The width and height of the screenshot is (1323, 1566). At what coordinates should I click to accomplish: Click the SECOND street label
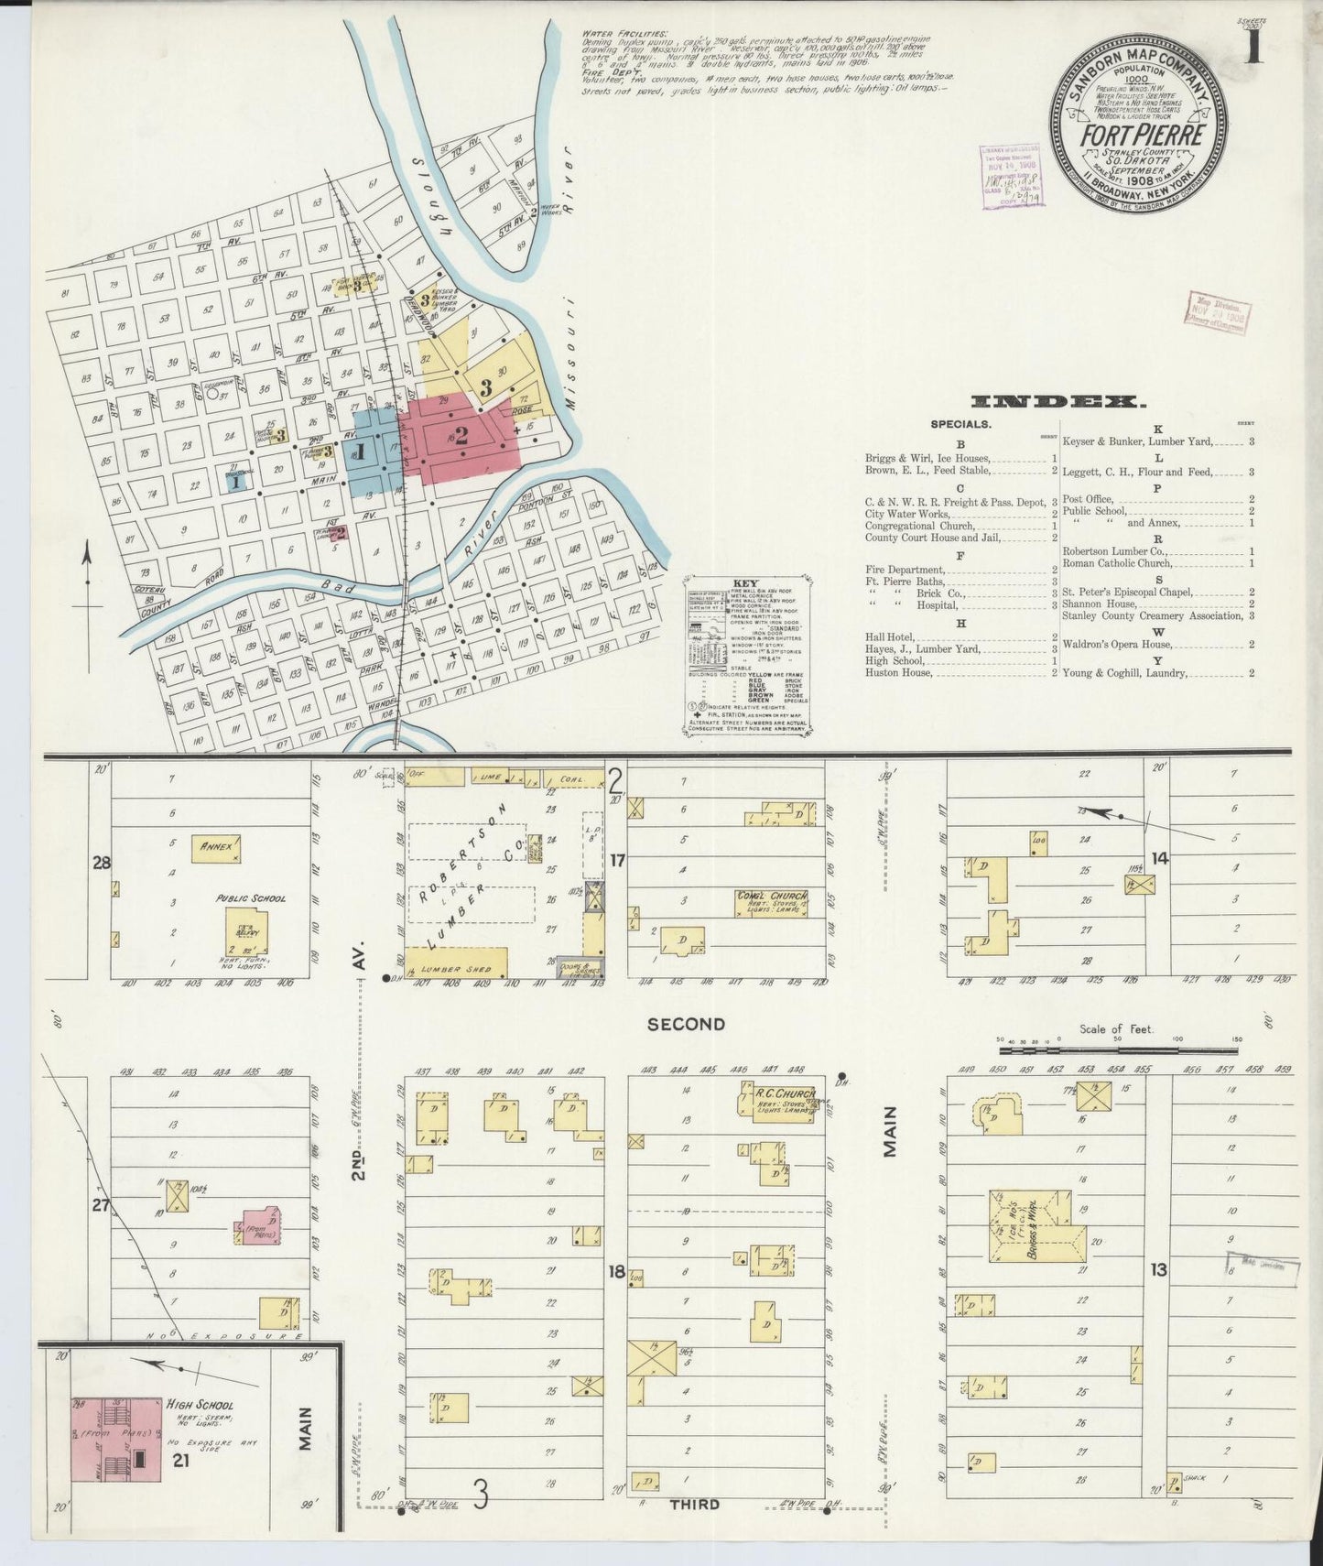pos(686,1024)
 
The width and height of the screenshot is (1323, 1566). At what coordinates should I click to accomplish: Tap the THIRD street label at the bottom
pos(695,1503)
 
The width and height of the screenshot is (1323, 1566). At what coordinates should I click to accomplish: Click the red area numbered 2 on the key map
pos(461,437)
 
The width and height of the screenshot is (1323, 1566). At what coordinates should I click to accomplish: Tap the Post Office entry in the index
pos(1087,499)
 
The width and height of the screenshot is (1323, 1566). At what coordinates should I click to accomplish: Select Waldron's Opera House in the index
pos(1118,645)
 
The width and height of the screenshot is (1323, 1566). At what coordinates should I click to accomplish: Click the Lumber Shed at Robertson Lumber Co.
pos(455,966)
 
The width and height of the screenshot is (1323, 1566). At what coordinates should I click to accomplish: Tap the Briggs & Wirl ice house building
pos(1035,1226)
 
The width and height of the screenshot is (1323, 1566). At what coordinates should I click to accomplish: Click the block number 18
pos(616,1271)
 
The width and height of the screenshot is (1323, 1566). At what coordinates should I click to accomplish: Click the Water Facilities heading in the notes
pos(612,35)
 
